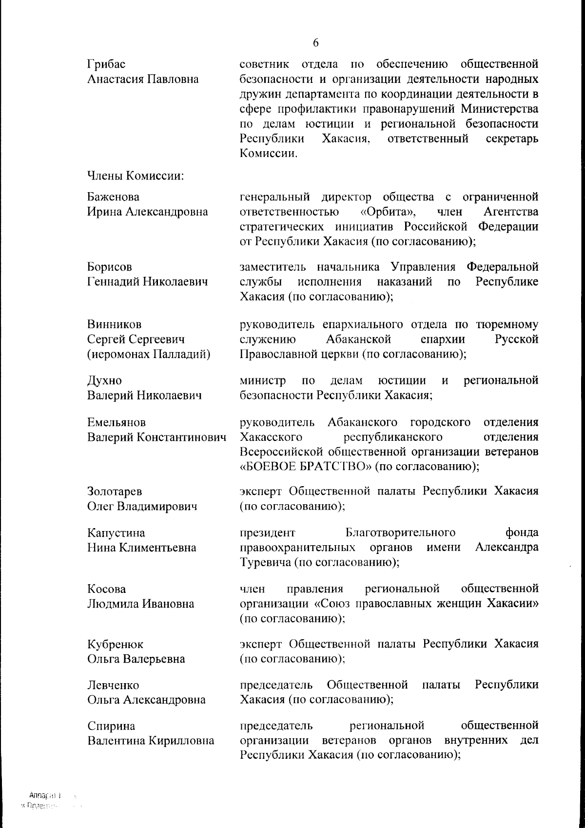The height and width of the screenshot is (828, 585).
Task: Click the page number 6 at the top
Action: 315,43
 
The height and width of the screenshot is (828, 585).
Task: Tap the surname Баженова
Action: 113,197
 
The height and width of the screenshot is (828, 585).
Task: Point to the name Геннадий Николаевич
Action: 148,282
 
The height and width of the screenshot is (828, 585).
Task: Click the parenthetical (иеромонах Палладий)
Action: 149,354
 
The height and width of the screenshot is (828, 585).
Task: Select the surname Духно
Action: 104,380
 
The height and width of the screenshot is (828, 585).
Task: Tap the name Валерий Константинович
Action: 156,437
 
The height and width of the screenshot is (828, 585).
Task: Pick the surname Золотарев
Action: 115,492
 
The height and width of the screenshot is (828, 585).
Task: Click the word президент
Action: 268,532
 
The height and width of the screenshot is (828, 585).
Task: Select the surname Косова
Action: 106,589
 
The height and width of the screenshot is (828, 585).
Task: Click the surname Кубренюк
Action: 115,644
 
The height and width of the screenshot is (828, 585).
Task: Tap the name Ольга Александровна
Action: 146,700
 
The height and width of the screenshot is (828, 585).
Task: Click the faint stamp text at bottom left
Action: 49,800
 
